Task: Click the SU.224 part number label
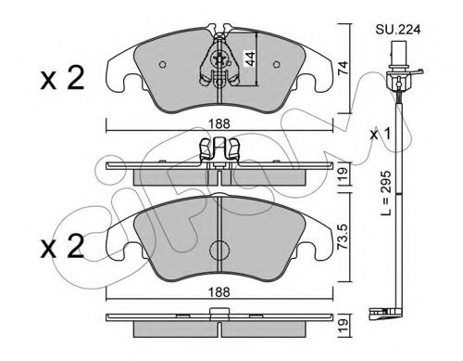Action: tap(398, 30)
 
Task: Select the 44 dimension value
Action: tap(250, 58)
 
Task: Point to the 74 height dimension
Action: tap(343, 69)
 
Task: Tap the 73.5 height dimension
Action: tap(343, 237)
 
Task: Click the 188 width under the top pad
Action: tap(219, 124)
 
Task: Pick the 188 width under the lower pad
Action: tap(219, 292)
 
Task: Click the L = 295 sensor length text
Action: tap(386, 193)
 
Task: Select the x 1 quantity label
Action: tap(381, 135)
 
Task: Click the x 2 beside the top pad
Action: tap(62, 78)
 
